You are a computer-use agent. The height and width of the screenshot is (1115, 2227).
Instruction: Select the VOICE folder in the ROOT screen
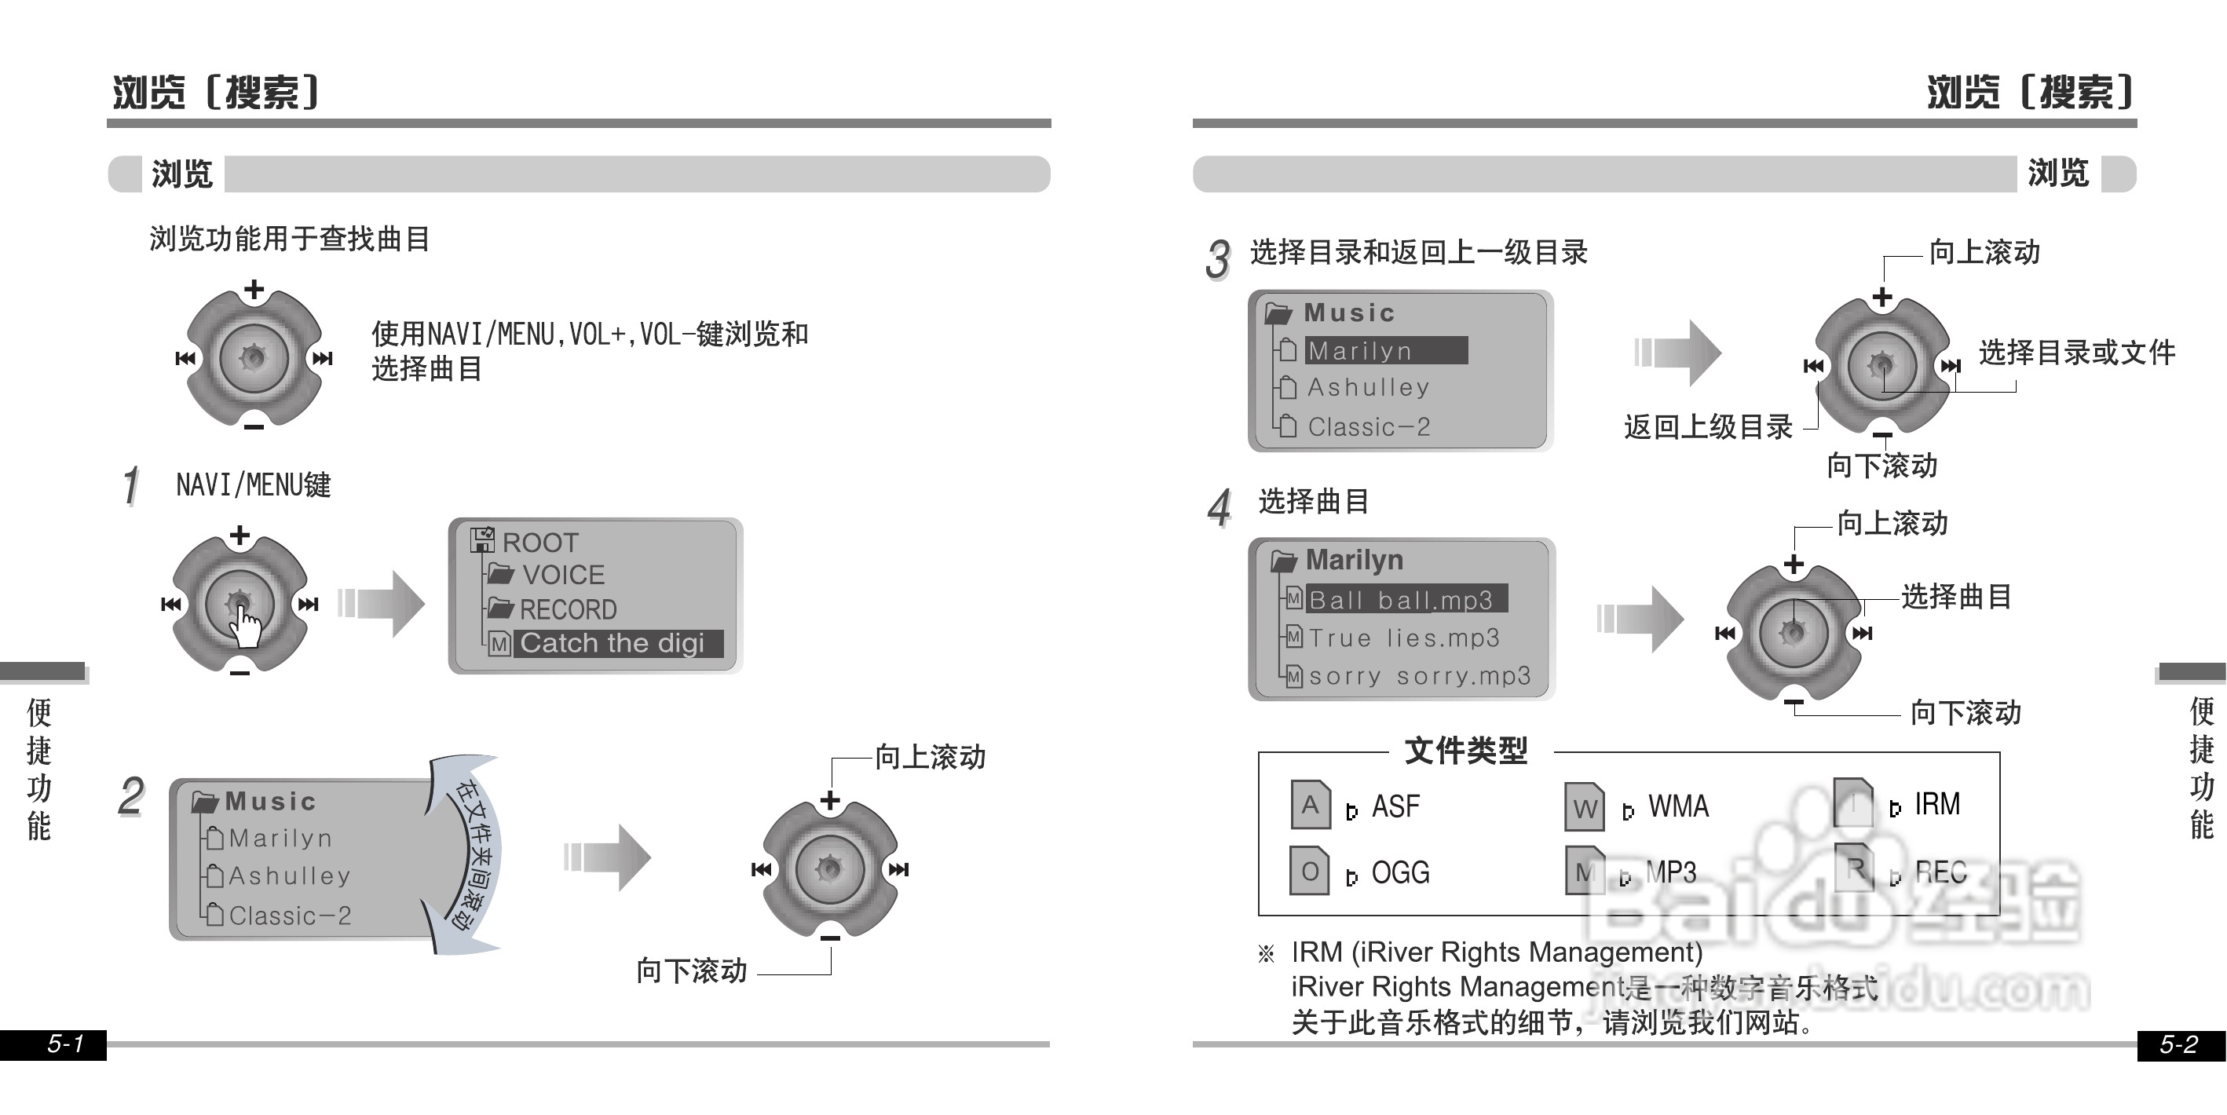[562, 575]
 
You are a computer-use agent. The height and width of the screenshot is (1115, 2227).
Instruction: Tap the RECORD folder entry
[567, 609]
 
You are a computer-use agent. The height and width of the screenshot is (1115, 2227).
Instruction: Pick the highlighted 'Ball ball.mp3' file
[1406, 599]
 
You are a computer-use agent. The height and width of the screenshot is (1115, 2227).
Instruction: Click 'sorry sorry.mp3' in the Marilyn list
[1419, 676]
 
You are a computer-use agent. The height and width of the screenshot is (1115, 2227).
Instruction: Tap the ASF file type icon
[1310, 805]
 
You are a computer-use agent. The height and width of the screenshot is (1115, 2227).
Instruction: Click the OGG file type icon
[1309, 872]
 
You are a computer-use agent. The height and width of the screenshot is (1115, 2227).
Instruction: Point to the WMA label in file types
[1678, 806]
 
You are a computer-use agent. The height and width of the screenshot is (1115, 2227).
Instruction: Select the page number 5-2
[2178, 1044]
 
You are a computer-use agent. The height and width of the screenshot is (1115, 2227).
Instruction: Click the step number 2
[130, 796]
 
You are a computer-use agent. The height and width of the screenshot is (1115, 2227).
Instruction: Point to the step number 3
[1217, 258]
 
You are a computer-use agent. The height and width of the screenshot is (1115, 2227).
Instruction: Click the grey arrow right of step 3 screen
[1678, 352]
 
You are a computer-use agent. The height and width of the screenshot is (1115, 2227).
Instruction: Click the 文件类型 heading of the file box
[1465, 750]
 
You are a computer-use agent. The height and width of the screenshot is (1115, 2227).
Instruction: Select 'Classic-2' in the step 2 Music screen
[290, 916]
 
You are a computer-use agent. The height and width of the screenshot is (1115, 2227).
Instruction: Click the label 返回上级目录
[1707, 427]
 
